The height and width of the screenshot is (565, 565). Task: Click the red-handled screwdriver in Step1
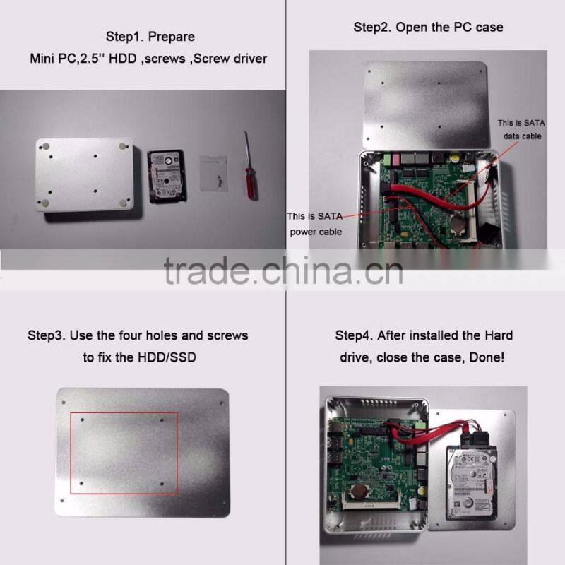tap(250, 169)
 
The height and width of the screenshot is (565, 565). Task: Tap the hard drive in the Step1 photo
tap(167, 177)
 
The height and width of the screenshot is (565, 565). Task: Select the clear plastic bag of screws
tap(214, 173)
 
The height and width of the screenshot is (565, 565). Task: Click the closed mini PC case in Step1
tap(84, 174)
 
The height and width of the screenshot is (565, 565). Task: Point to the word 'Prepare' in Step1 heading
tap(172, 37)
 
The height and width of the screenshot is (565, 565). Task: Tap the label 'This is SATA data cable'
tap(521, 129)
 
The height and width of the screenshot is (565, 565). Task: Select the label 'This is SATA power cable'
tap(315, 224)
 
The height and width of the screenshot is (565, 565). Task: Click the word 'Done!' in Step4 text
tap(487, 357)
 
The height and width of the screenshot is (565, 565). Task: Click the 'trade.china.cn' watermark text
tap(283, 271)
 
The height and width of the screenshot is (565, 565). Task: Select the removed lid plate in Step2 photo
tap(428, 105)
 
